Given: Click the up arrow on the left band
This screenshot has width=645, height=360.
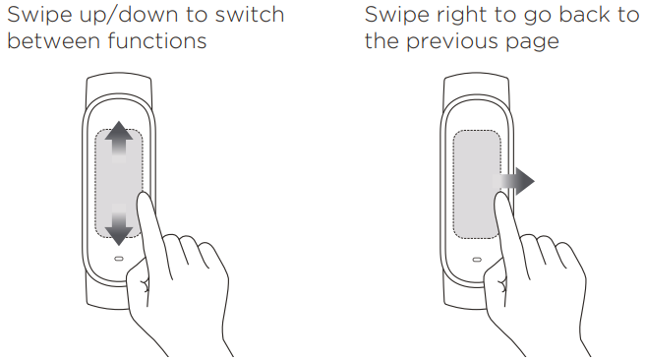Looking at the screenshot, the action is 119,140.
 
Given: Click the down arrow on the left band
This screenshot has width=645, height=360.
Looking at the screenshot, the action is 119,225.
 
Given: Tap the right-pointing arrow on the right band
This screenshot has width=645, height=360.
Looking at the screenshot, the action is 514,181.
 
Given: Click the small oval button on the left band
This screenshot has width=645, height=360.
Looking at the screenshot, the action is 119,259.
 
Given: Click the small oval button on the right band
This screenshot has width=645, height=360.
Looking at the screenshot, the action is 477,260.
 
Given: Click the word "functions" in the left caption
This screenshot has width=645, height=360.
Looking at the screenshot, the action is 157,41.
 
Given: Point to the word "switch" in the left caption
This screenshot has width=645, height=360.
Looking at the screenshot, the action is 250,15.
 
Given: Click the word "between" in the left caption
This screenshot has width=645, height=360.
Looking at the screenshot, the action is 54,41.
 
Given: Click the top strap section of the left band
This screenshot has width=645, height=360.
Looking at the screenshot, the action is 119,86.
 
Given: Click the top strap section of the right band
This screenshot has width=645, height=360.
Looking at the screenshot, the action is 477,86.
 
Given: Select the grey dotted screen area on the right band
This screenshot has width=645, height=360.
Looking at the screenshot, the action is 477,184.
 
